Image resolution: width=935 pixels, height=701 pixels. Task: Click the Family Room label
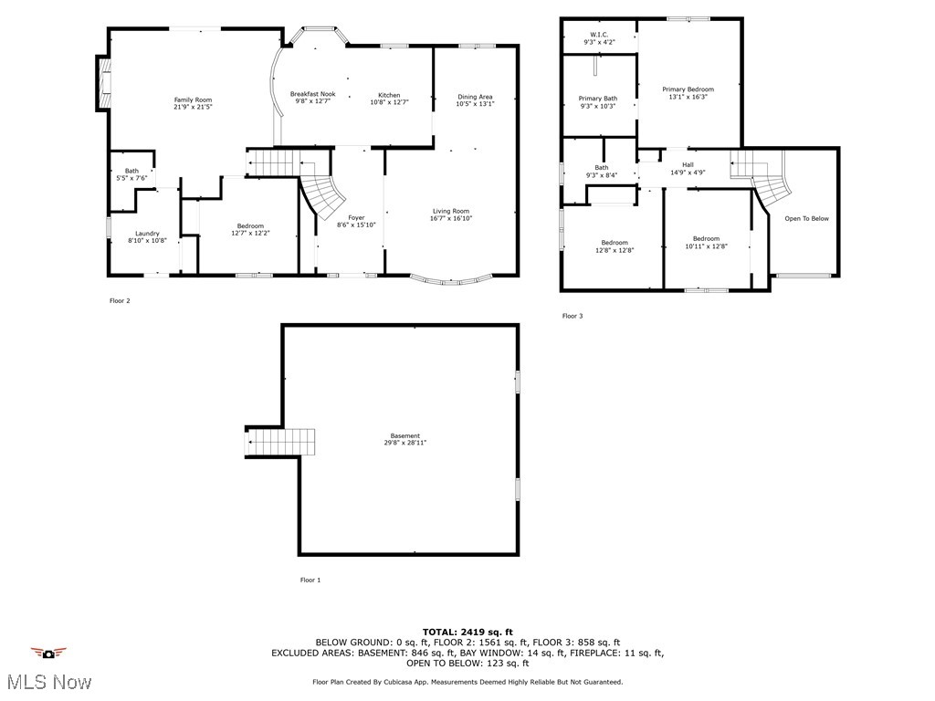click(193, 99)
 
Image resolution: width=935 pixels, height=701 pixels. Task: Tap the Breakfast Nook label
click(312, 94)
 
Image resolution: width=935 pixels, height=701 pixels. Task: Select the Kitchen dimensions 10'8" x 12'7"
click(389, 102)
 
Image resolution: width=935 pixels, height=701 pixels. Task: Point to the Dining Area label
click(475, 97)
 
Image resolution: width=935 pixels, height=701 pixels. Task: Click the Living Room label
click(451, 211)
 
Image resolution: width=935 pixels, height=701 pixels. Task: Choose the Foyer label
click(356, 217)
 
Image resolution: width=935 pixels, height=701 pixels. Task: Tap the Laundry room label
click(147, 233)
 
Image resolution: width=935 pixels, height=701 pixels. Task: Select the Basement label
click(405, 435)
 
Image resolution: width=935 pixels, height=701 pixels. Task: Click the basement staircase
click(280, 443)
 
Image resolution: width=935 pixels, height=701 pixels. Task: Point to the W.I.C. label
click(599, 35)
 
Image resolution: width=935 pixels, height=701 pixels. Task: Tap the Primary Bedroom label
click(688, 89)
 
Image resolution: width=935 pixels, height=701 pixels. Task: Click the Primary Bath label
click(597, 99)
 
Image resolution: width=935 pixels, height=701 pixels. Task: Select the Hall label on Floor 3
click(688, 164)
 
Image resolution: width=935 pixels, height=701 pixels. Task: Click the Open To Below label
click(807, 218)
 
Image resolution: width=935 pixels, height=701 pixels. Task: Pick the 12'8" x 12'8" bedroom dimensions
click(614, 250)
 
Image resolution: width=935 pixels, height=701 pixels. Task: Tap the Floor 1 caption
click(310, 580)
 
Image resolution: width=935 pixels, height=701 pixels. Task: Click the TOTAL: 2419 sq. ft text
click(467, 632)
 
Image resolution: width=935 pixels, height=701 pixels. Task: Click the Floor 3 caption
click(572, 316)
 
